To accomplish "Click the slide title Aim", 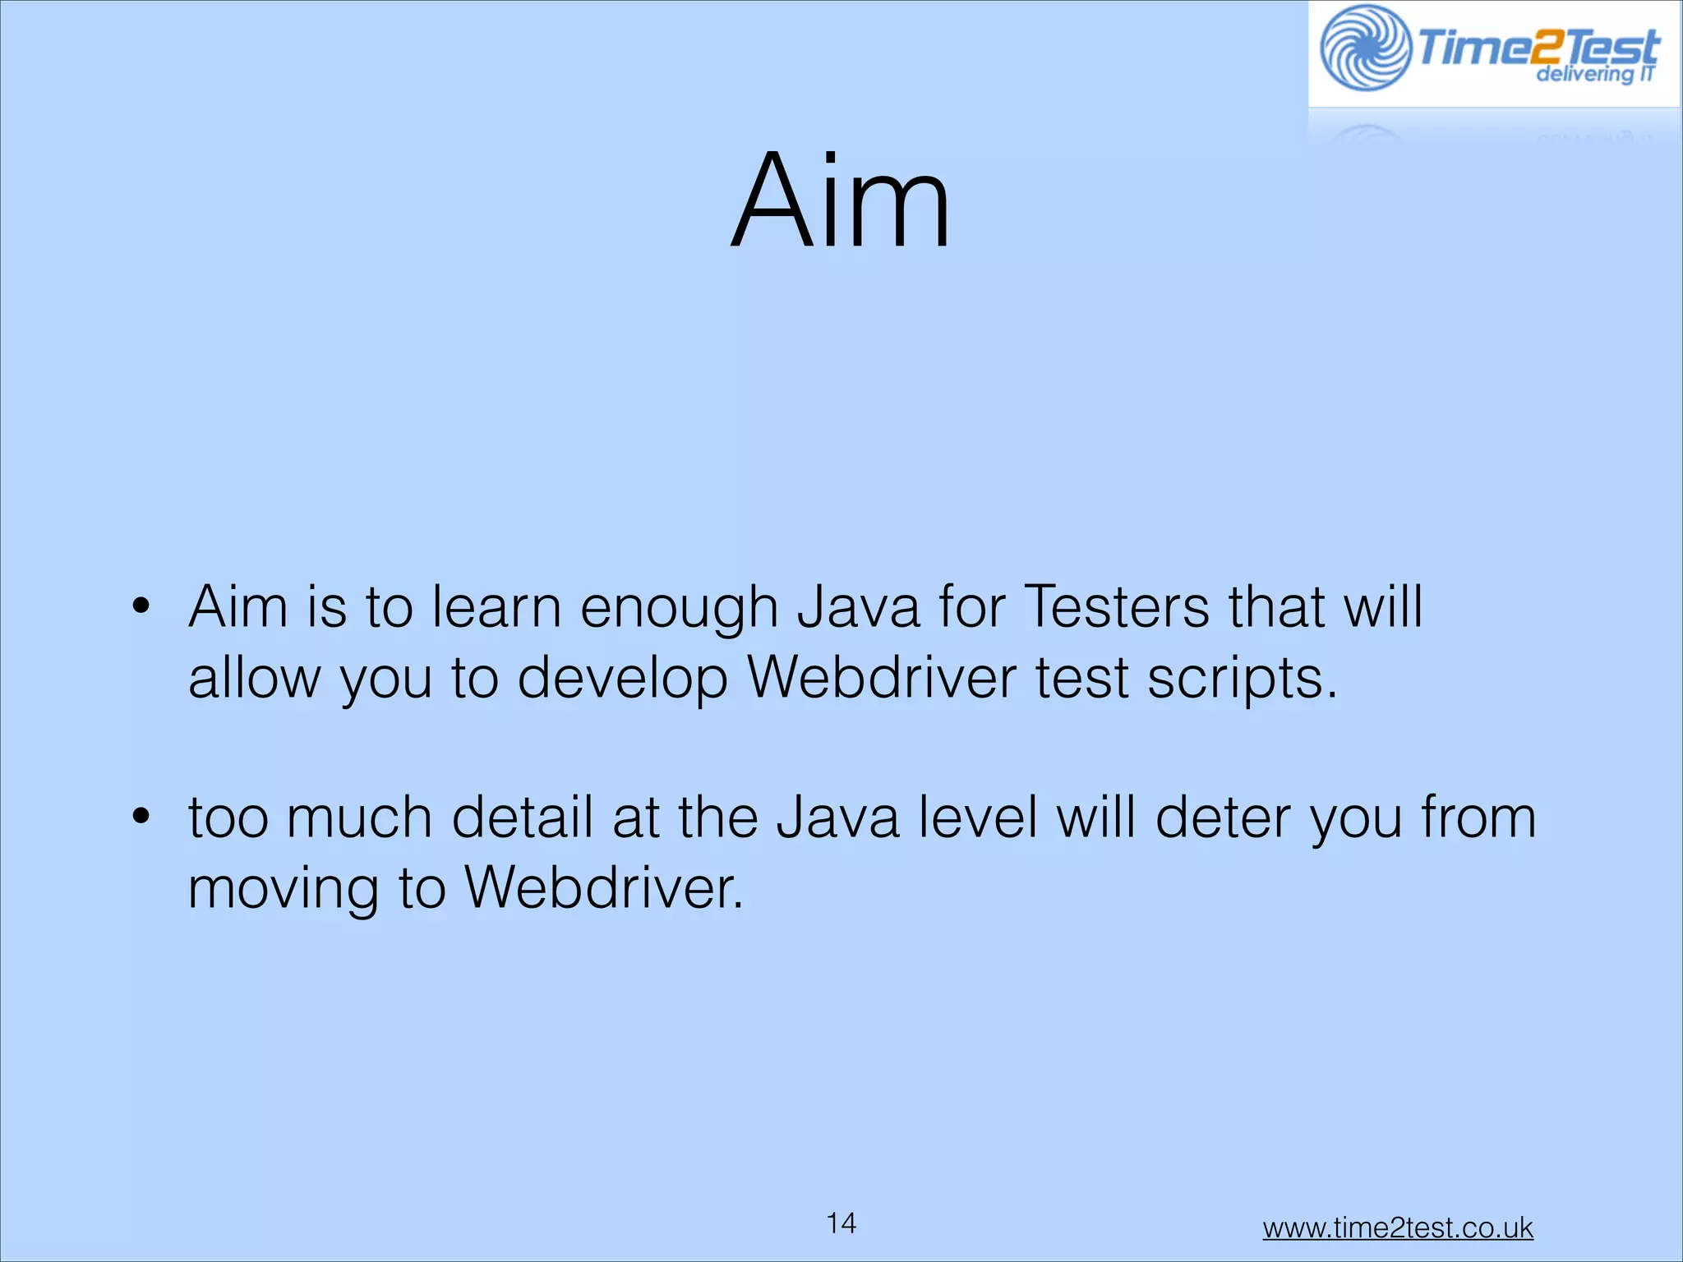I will tap(840, 201).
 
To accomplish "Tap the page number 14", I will tap(841, 1223).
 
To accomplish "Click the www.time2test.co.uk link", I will tap(1398, 1227).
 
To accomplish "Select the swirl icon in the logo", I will tap(1365, 48).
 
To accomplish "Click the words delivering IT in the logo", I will tap(1595, 75).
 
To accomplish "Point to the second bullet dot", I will tap(141, 818).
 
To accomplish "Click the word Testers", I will tap(1118, 608).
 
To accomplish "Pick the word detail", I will tap(523, 818).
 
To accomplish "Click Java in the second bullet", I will tap(838, 818).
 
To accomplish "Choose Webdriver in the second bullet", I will tap(604, 888).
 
